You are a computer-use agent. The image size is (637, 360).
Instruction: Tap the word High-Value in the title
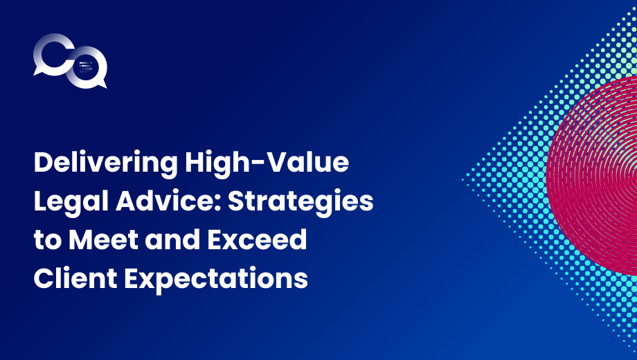click(x=267, y=161)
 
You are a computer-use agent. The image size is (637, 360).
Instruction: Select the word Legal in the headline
click(x=71, y=202)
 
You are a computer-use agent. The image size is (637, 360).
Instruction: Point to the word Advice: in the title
click(x=168, y=201)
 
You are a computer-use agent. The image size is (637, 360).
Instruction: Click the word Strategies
click(x=300, y=202)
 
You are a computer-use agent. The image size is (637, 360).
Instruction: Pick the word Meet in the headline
click(x=104, y=240)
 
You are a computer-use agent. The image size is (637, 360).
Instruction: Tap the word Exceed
click(x=257, y=240)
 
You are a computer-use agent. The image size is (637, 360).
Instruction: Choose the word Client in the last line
click(x=75, y=278)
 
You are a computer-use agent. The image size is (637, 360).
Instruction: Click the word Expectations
click(x=216, y=279)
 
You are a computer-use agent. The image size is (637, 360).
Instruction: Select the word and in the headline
click(x=172, y=240)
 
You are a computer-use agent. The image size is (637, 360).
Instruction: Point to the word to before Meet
click(x=48, y=240)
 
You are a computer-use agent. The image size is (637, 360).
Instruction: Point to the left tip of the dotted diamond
click(x=463, y=179)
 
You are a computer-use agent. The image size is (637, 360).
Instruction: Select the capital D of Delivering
click(x=44, y=162)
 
